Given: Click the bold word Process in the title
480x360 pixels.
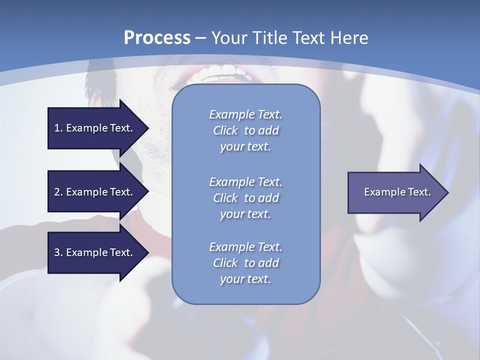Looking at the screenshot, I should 157,38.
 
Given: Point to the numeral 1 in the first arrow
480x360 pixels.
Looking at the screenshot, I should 57,128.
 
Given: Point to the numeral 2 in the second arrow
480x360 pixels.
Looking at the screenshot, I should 57,192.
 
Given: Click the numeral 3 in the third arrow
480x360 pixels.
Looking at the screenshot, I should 57,252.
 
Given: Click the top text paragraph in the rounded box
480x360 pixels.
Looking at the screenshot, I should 245,130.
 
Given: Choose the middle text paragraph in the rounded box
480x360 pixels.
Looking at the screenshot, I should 245,197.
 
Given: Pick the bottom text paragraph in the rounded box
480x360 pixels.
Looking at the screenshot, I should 245,263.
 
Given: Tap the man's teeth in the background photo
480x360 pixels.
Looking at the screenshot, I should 220,73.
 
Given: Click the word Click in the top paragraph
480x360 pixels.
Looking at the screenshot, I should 225,130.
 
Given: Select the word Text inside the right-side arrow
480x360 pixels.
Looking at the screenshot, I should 417,192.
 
